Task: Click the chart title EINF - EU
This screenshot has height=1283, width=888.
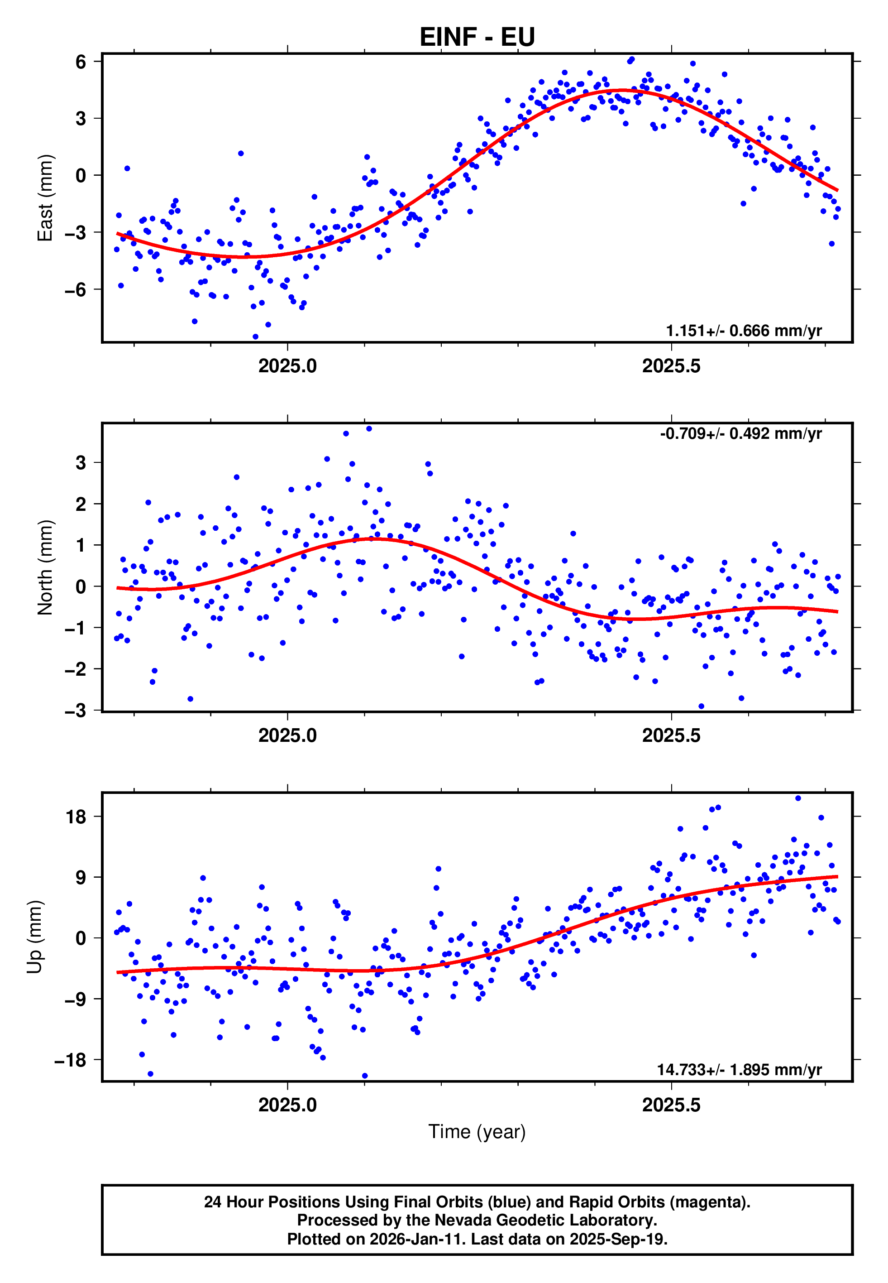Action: point(477,37)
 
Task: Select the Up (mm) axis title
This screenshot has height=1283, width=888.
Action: point(34,937)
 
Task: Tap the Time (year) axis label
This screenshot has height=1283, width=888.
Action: point(477,1132)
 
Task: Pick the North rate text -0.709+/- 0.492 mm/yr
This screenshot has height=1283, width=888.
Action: point(740,433)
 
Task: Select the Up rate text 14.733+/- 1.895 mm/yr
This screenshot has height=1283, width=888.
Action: point(739,1070)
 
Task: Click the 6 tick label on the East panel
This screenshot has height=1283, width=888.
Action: point(81,62)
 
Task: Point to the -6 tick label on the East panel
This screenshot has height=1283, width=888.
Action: point(76,290)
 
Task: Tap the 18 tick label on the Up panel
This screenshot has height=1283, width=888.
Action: point(76,817)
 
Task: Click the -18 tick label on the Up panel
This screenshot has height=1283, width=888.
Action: point(71,1060)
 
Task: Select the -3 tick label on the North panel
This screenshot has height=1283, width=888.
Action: point(76,711)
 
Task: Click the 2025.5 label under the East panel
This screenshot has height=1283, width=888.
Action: point(671,366)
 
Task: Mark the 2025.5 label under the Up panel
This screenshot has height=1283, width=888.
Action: point(671,1105)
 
